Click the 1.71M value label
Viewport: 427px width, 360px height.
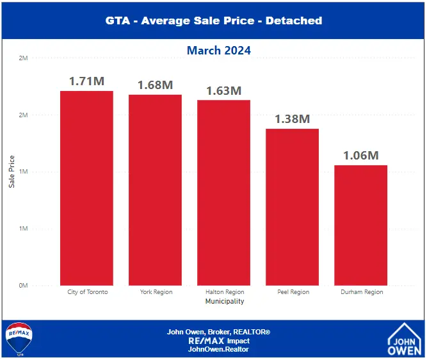86,81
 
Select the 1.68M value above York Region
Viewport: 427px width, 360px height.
155,85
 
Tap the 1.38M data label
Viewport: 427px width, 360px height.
292,119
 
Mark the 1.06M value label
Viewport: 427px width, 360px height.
360,156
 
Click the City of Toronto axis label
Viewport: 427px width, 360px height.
88,292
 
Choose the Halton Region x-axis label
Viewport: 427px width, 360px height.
224,292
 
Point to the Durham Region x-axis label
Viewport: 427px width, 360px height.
361,292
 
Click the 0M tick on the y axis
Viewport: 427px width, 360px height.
23,285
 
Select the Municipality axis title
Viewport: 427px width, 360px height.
224,301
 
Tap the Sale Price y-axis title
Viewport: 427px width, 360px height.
12,172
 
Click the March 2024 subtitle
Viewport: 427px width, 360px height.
219,50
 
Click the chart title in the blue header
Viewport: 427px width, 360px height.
213,20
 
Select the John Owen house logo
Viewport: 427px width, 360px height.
404,339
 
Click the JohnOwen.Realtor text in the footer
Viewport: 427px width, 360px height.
218,349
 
